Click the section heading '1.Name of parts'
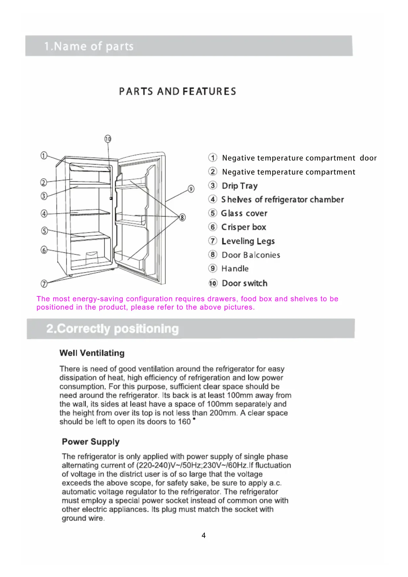[89, 46]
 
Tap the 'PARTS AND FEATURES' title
[178, 91]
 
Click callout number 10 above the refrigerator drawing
[108, 139]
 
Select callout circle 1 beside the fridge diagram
[44, 155]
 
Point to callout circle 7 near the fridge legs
[44, 283]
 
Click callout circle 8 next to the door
[182, 217]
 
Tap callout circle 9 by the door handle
[191, 189]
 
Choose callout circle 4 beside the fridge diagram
[44, 213]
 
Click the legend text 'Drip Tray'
[240, 186]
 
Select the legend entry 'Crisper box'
[244, 227]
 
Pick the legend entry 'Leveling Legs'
[248, 241]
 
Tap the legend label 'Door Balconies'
[251, 255]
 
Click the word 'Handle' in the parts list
[235, 269]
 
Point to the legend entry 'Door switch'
[245, 283]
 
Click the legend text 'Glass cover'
[244, 213]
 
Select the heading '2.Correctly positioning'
[112, 329]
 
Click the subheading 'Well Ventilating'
[92, 353]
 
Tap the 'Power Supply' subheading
[91, 442]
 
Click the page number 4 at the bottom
[204, 536]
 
